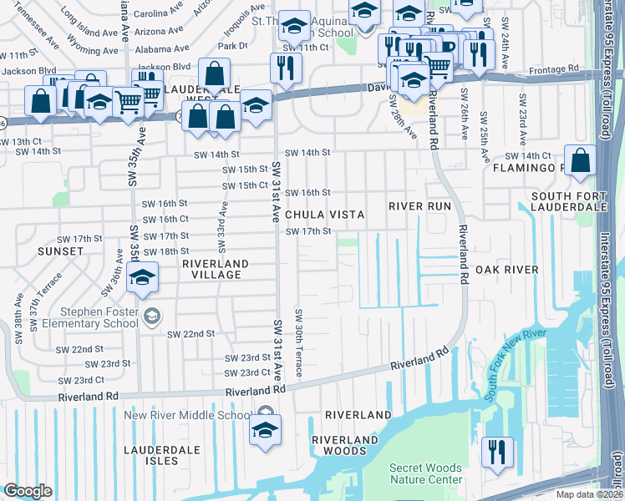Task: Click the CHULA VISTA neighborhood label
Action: [x=325, y=215]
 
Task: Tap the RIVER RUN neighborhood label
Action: [x=419, y=206]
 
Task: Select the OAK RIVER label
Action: [x=506, y=270]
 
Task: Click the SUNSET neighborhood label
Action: [x=60, y=250]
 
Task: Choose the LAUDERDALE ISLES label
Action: [x=162, y=455]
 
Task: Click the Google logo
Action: [x=28, y=490]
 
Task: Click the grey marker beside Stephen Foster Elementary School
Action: [x=151, y=316]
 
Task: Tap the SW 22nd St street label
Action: [x=191, y=333]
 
